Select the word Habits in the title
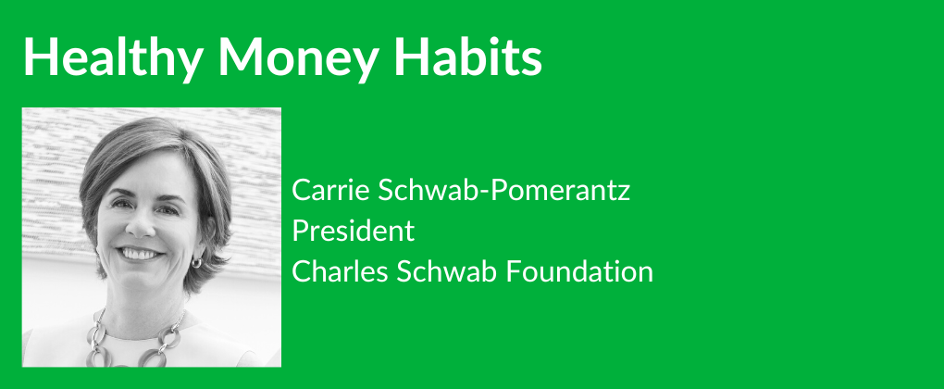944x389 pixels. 468,56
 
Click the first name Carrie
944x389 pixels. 330,190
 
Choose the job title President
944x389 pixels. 354,230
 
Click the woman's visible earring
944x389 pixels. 196,262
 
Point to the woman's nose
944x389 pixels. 141,225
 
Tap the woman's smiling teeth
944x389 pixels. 139,253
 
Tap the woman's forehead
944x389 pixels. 144,171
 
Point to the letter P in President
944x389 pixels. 300,231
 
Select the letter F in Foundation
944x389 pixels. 513,271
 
